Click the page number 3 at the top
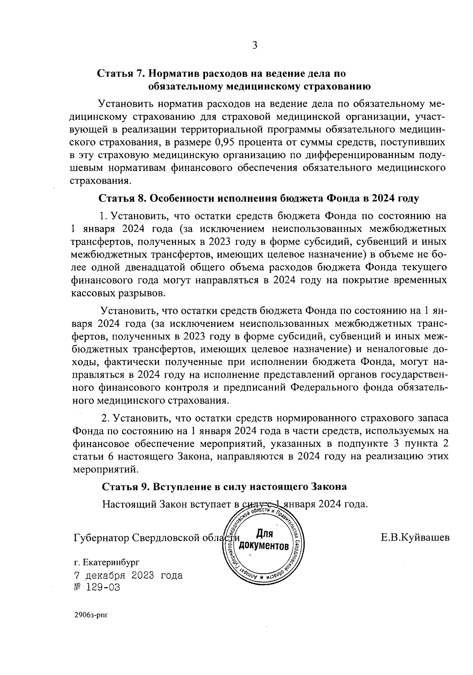tap(255, 45)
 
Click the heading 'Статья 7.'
tap(121, 74)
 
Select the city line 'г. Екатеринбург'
tap(106, 563)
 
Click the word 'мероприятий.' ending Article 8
tap(106, 470)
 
